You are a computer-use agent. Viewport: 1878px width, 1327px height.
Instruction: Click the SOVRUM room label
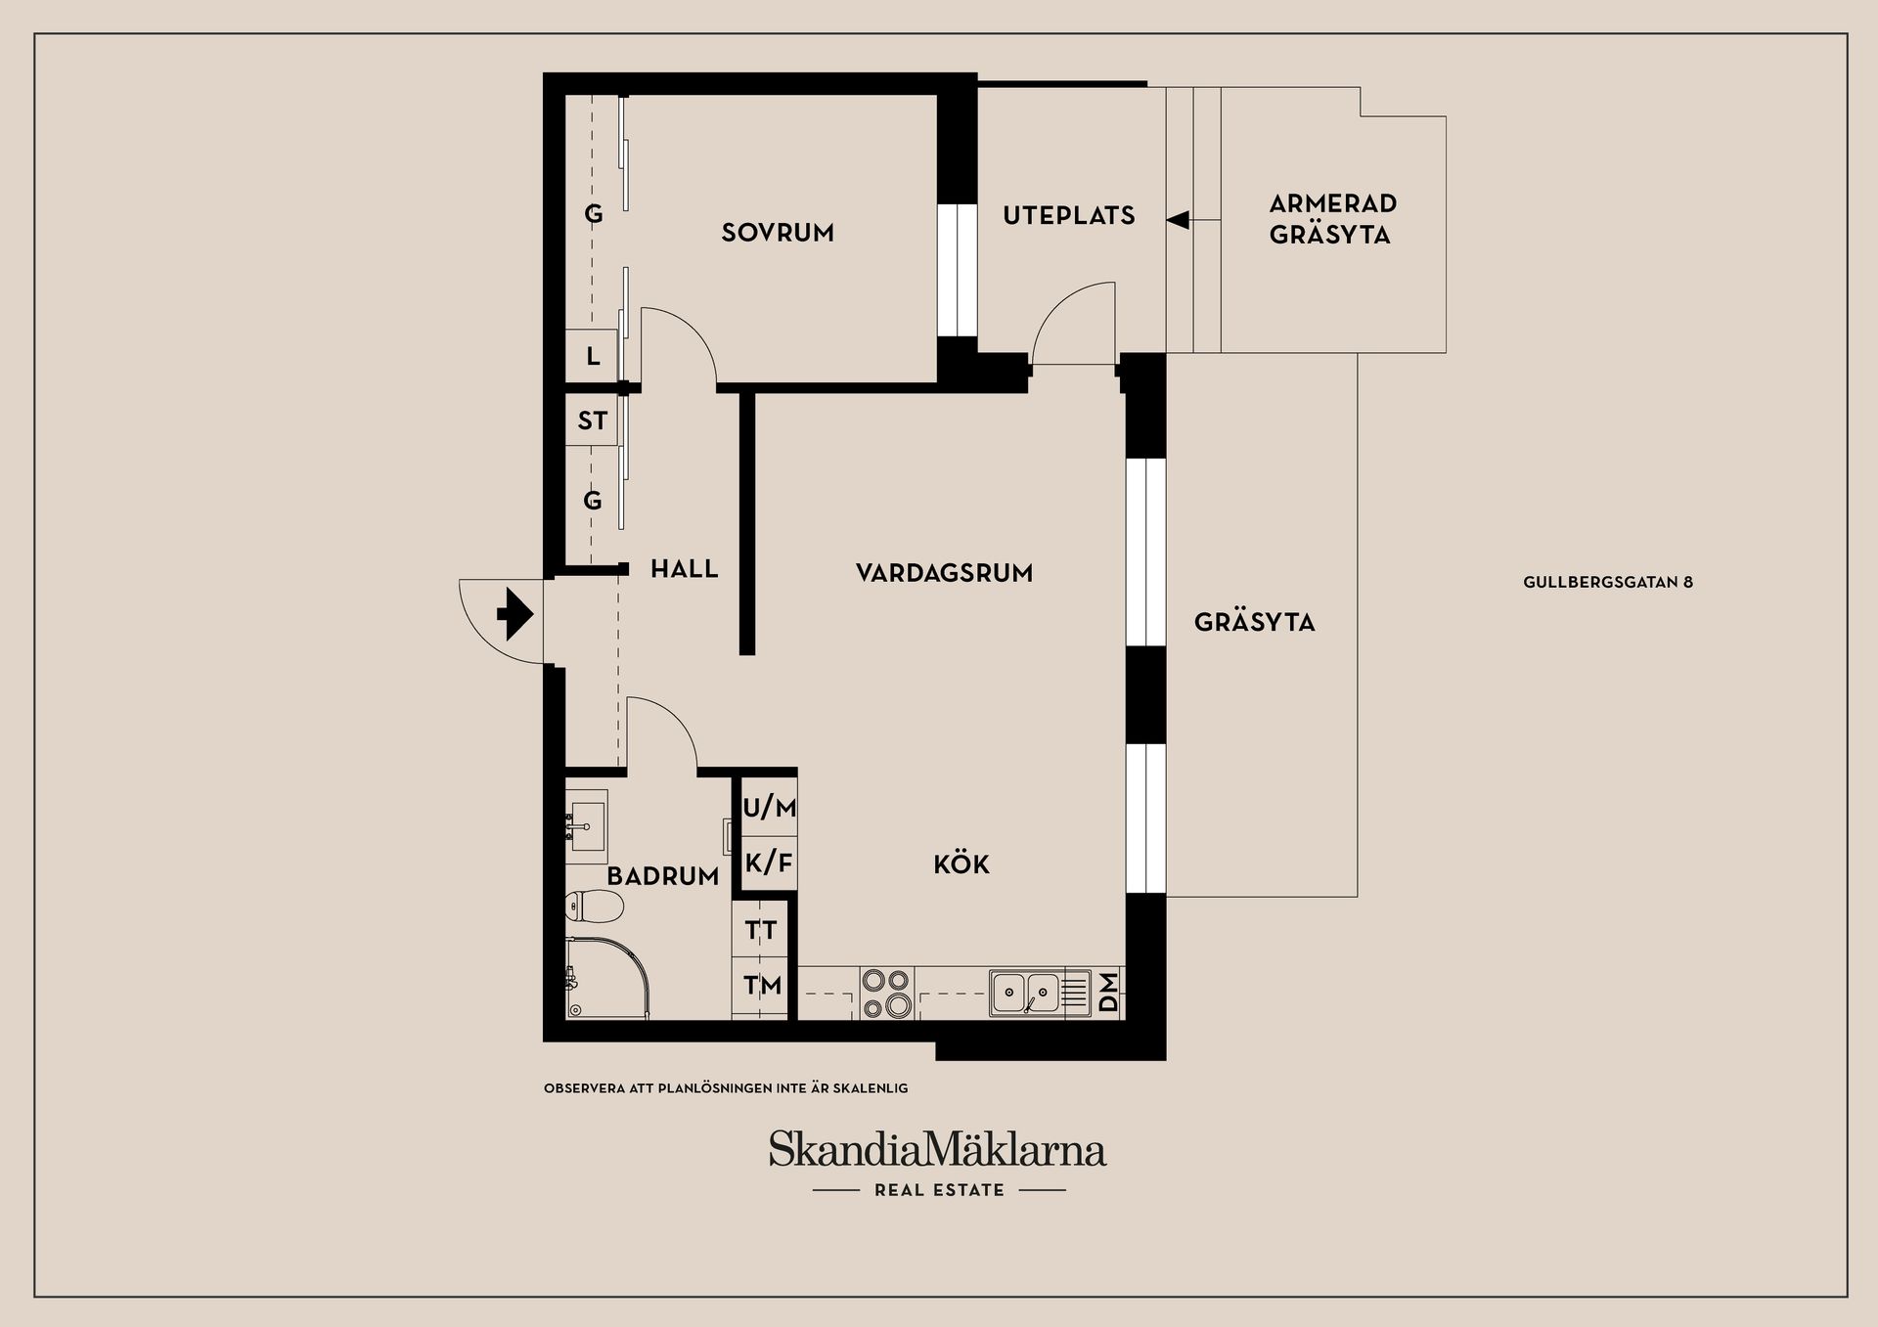click(778, 233)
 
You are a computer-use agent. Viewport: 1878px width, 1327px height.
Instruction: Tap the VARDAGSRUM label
click(944, 573)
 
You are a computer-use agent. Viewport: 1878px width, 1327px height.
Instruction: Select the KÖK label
click(961, 864)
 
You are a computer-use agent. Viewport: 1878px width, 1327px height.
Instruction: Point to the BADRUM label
click(662, 876)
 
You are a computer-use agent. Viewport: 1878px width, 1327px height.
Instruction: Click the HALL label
click(684, 569)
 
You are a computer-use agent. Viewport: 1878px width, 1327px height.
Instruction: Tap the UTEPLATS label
click(1069, 216)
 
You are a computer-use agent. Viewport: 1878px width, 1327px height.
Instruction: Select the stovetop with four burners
click(886, 993)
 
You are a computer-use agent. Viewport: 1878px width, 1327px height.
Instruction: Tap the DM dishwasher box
click(1108, 994)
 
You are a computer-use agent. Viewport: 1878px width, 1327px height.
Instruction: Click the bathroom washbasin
click(587, 826)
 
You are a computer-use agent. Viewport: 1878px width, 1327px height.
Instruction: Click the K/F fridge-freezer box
click(769, 863)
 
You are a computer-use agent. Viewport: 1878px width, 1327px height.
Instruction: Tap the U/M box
click(769, 808)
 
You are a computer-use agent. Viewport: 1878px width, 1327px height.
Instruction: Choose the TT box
click(761, 930)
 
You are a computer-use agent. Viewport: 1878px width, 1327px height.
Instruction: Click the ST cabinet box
click(592, 420)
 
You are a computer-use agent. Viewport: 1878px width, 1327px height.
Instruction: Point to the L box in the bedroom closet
click(593, 357)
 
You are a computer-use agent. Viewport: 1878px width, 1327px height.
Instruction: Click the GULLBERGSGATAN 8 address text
click(1608, 583)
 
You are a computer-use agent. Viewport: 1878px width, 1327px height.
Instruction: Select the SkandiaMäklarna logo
click(937, 1151)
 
